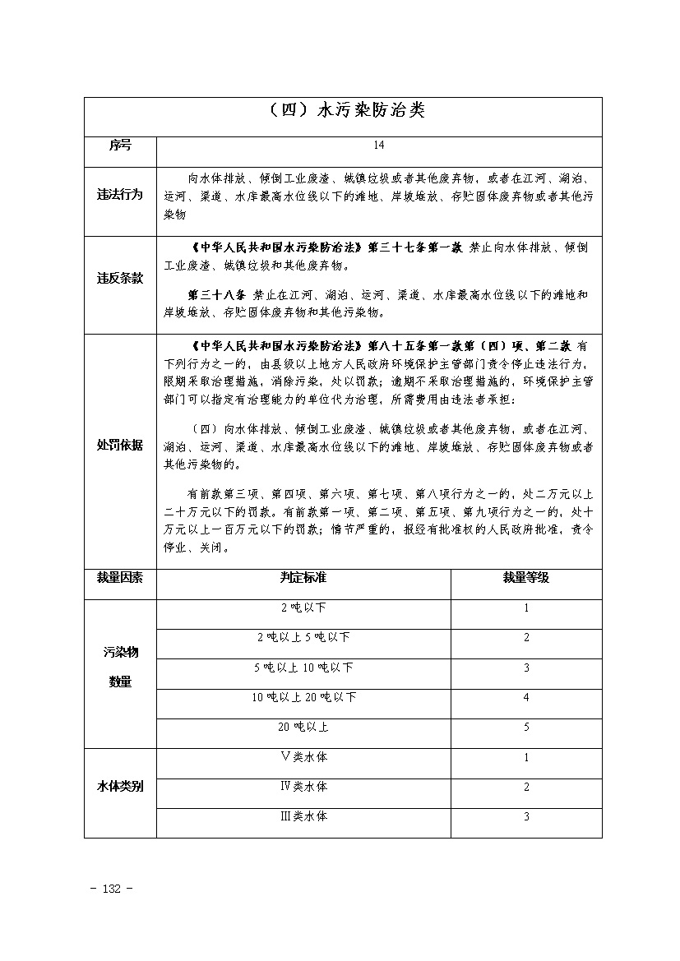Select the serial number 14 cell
tap(378, 146)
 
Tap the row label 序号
tap(120, 146)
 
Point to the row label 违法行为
tap(120, 196)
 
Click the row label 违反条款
tap(120, 278)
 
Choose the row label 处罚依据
tap(120, 445)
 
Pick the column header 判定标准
tap(303, 578)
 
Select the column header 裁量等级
tap(526, 578)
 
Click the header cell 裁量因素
tap(120, 578)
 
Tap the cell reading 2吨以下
tap(303, 608)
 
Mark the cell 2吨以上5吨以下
tap(303, 638)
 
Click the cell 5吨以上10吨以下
tap(303, 668)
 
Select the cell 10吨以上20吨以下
tap(303, 697)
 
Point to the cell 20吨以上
tap(303, 727)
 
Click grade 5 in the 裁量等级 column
tap(526, 727)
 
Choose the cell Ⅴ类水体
tap(303, 757)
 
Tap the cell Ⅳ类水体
tap(303, 787)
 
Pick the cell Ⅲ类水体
tap(303, 816)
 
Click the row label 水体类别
tap(120, 787)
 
